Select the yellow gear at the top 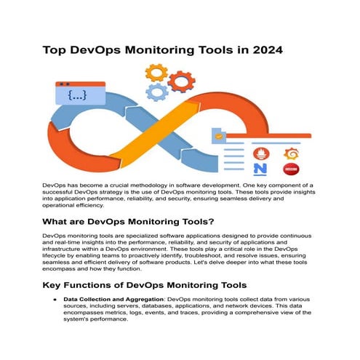tap(156, 73)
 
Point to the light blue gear tap(157, 92)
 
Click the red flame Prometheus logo tap(259, 153)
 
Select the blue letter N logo tap(260, 170)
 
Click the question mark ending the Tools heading tap(214, 223)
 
